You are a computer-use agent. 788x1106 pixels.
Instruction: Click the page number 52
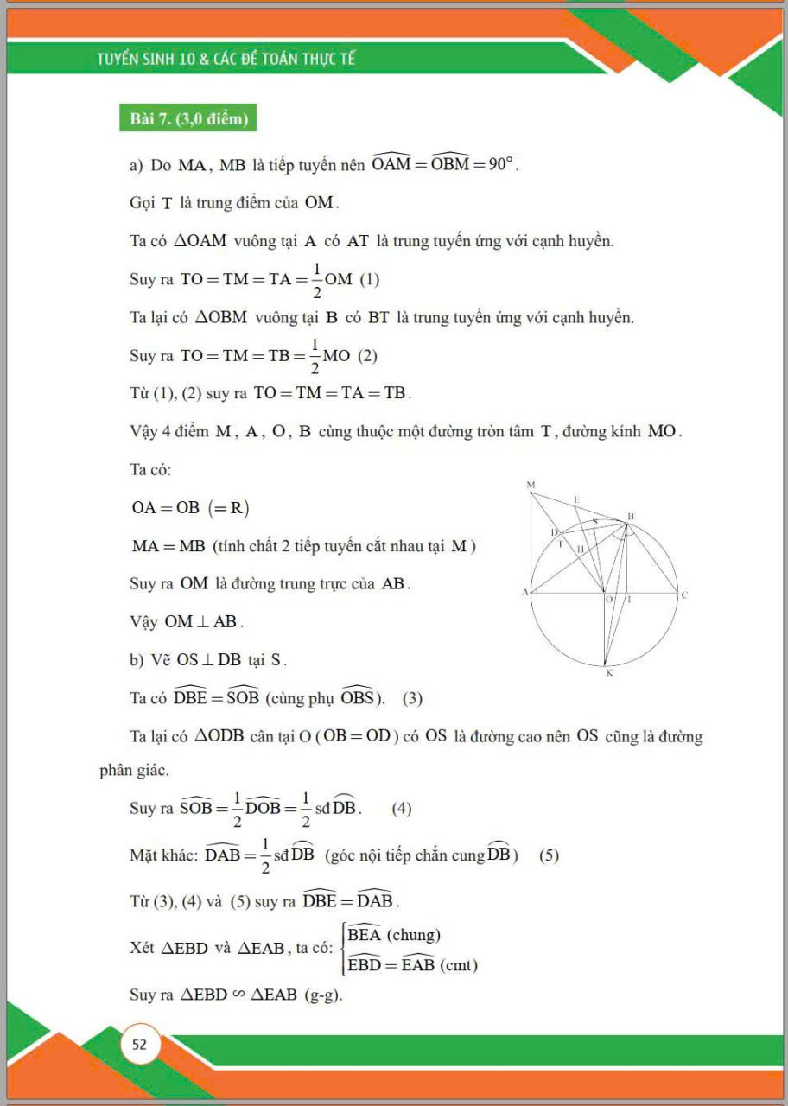[139, 1045]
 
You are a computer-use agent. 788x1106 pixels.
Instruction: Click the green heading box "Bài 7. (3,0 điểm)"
[188, 119]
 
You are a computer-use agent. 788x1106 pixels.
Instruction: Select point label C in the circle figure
[684, 594]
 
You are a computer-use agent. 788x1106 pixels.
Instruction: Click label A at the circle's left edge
[524, 593]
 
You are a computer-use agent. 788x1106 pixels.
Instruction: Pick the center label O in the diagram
[609, 599]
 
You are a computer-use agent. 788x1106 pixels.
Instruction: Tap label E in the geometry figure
[576, 499]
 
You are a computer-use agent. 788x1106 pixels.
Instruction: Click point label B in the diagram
[631, 516]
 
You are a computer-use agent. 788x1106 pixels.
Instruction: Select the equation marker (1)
[369, 279]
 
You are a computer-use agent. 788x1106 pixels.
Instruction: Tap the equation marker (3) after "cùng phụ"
[412, 698]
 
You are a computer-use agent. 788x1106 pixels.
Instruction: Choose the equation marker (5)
[549, 855]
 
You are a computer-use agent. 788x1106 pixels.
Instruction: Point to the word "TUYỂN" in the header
[122, 60]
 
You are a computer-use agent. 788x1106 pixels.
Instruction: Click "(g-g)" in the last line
[323, 995]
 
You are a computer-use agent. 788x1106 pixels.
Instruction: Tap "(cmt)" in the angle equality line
[459, 965]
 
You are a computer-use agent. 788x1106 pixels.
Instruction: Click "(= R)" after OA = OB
[227, 507]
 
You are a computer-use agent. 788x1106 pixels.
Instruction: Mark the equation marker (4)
[402, 809]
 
